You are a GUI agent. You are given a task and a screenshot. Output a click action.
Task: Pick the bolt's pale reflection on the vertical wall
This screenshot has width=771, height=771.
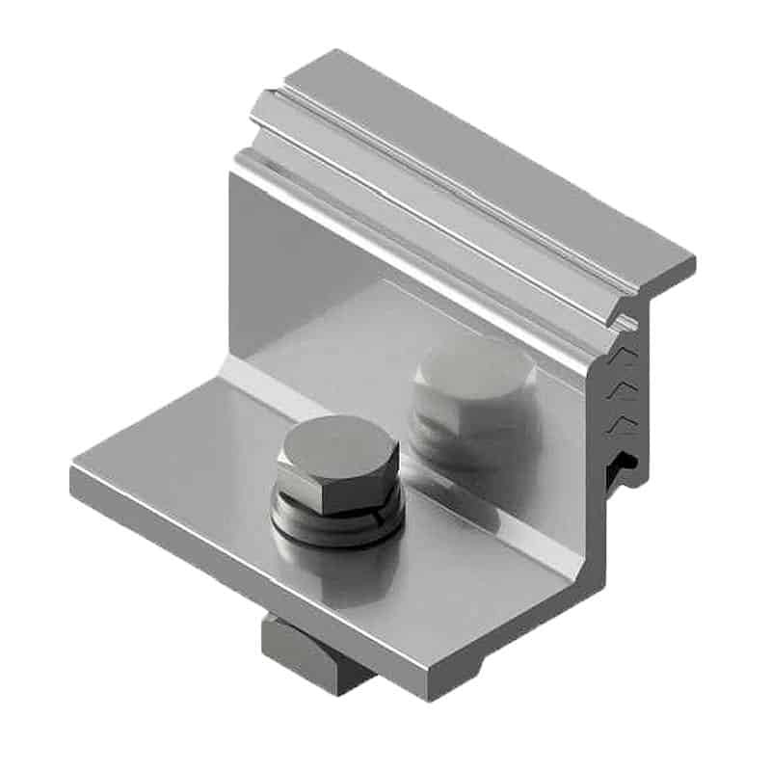click(472, 385)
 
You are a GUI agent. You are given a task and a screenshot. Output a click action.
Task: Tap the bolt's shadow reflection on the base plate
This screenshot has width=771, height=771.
click(332, 578)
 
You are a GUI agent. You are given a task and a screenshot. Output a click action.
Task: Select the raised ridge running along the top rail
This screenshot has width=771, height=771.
click(434, 183)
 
